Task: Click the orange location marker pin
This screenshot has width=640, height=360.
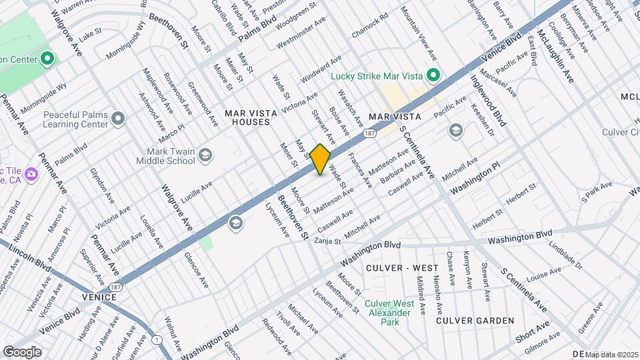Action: tap(321, 159)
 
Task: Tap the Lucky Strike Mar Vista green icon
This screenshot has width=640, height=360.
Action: tap(433, 75)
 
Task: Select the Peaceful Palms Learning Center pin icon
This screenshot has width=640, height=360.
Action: tap(119, 119)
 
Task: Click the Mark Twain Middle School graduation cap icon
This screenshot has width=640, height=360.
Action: tap(205, 156)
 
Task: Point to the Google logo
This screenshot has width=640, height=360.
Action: tap(22, 351)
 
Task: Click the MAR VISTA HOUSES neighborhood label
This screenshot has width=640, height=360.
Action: tap(247, 118)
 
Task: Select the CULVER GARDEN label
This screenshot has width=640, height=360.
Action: tap(475, 321)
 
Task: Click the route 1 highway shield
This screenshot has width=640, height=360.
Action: tap(157, 340)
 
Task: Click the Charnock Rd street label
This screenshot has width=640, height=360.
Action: tap(369, 26)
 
